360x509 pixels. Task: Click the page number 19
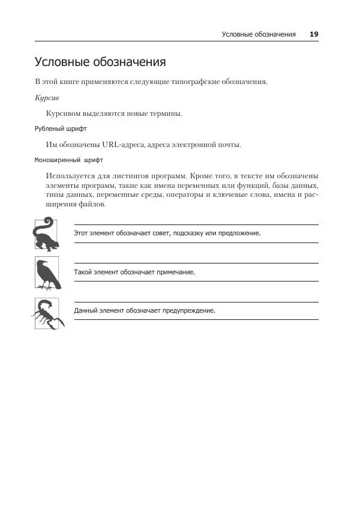coord(314,34)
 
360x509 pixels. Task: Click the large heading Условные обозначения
coord(100,62)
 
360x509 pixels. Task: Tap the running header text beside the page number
coord(259,34)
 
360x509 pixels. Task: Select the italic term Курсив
coord(47,97)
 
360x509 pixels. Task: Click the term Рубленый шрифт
coord(61,128)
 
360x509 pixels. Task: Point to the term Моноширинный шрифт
coord(69,160)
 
